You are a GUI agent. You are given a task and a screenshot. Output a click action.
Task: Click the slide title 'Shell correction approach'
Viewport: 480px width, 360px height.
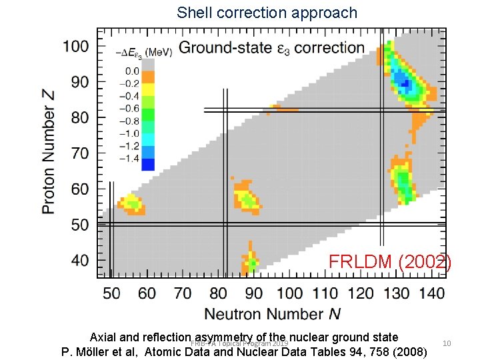(267, 13)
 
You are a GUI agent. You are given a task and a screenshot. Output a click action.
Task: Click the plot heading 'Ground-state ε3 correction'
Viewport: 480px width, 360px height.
(271, 47)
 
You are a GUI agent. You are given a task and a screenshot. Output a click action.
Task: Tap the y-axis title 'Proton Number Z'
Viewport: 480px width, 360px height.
(49, 152)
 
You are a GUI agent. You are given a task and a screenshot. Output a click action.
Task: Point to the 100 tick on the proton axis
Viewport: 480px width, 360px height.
(76, 46)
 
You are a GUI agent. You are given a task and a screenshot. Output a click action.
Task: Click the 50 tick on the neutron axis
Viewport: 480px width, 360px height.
(111, 293)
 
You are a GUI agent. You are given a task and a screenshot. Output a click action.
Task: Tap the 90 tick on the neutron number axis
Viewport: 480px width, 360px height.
(253, 293)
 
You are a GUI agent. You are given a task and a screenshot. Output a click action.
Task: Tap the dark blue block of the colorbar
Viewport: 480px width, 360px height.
(148, 164)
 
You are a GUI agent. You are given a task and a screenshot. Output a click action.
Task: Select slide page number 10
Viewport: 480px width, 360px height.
(447, 343)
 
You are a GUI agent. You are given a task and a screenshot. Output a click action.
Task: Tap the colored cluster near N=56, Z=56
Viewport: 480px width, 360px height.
(131, 203)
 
